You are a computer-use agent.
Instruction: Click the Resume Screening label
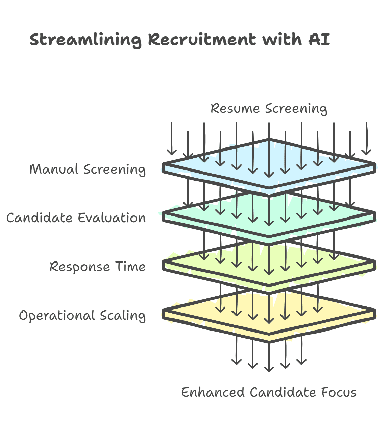tap(269, 109)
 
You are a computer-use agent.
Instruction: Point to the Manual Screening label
tap(88, 169)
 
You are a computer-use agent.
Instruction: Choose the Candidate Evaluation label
tap(76, 218)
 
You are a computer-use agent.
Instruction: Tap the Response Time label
tap(98, 267)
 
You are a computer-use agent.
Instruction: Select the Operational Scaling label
tap(82, 315)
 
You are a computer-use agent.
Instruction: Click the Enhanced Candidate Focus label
tap(269, 392)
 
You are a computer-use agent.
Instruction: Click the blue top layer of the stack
tap(237, 159)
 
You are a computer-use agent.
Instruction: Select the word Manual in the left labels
tap(54, 169)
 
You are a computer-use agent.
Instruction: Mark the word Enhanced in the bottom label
tap(213, 392)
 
